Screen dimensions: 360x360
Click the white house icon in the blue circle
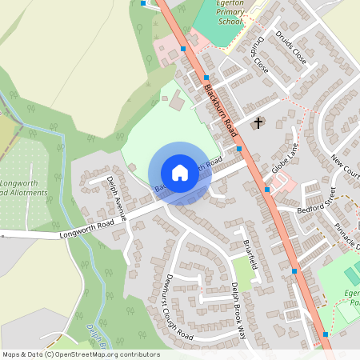pos(179,173)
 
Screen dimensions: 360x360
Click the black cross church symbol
pos(258,123)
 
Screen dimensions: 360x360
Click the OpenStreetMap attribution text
pos(81,354)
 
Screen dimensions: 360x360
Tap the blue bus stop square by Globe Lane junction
pos(267,190)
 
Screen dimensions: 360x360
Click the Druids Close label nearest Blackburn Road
pos(258,58)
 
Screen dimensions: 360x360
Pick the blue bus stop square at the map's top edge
pos(143,3)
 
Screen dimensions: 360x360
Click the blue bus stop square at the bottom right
pos(326,334)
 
